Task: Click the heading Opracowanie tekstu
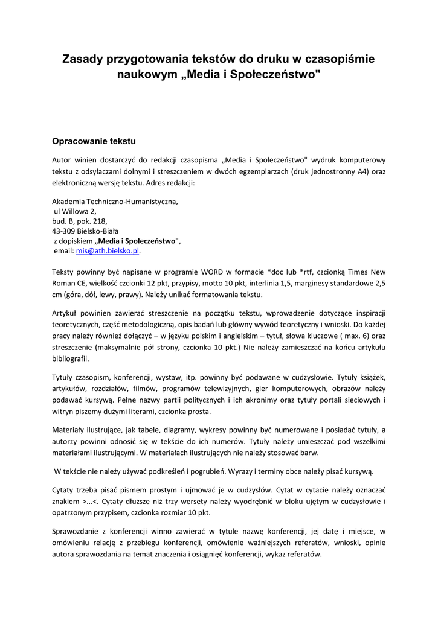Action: [94, 141]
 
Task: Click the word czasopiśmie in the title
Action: [340, 59]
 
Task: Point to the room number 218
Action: [100, 221]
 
